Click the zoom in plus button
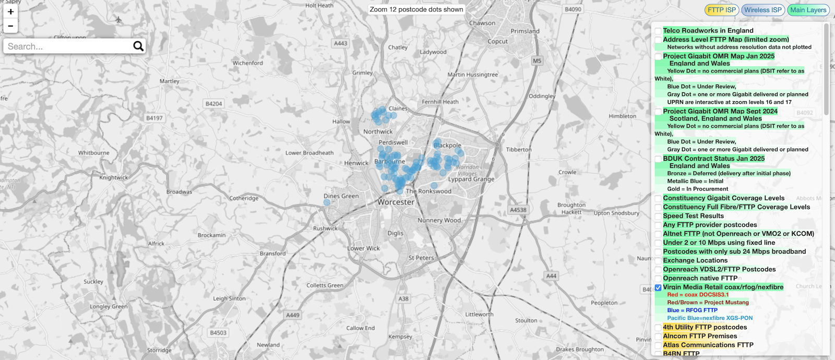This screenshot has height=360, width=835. tap(10, 12)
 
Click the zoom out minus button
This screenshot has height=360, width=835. tap(10, 26)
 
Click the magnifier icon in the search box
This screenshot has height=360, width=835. tap(138, 46)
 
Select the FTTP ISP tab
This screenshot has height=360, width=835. tap(722, 10)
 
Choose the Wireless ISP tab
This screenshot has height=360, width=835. tap(762, 10)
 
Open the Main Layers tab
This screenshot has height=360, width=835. tap(808, 10)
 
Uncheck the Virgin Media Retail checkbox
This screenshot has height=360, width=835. tap(658, 287)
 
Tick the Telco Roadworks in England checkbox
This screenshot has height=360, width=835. tap(658, 31)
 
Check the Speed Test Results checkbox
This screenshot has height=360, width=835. tap(658, 217)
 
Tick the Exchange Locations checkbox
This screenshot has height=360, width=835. tap(658, 261)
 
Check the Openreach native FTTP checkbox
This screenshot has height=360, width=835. tap(658, 279)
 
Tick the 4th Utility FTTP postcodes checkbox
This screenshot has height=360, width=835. tap(658, 328)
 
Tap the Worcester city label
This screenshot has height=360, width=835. tap(396, 202)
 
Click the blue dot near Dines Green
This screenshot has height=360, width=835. tap(327, 202)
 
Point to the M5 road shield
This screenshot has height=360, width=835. tap(537, 61)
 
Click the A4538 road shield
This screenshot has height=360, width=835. tap(518, 210)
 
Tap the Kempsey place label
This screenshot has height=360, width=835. tap(400, 337)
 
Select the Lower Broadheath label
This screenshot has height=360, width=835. tap(309, 153)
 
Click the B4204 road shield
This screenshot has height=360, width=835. tap(213, 104)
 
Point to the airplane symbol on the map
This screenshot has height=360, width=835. tap(118, 20)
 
